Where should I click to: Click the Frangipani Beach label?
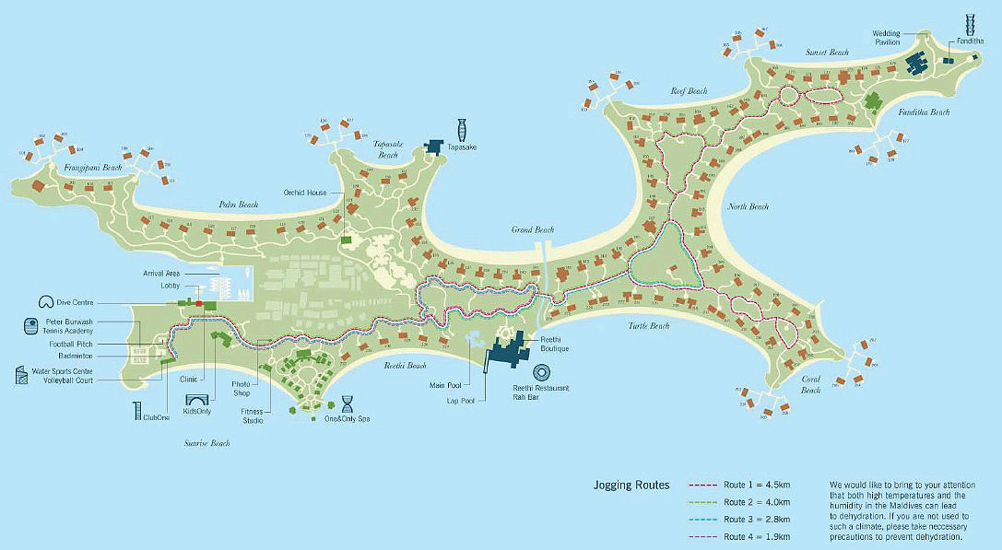point(92,168)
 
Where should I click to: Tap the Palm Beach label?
point(238,204)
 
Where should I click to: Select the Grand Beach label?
point(532,229)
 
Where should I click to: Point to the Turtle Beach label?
point(648,326)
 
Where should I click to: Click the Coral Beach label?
point(810,384)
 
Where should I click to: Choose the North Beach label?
point(748,206)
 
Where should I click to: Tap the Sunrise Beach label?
point(206,443)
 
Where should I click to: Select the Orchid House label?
point(305,193)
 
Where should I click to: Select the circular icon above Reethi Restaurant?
point(541,373)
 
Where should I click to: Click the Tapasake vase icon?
point(460,127)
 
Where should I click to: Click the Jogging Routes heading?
point(631,484)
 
